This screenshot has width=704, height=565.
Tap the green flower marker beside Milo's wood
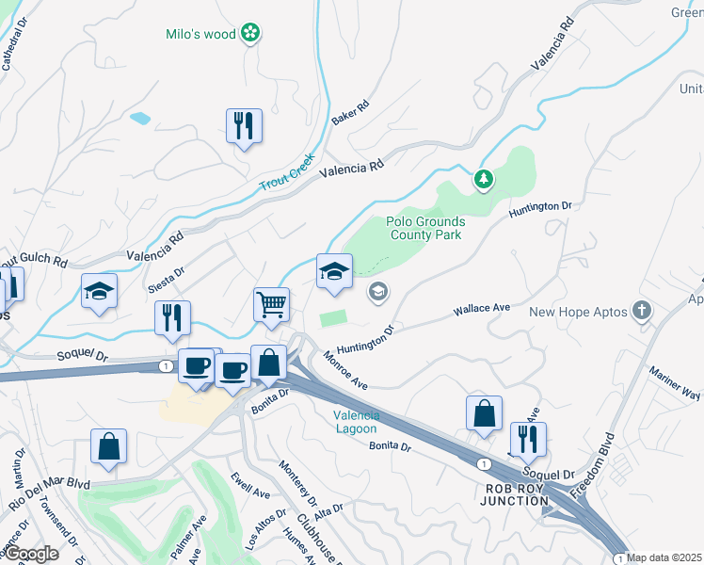tap(250, 35)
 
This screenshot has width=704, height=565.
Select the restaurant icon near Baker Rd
tap(244, 125)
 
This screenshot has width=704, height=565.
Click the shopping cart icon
tap(271, 304)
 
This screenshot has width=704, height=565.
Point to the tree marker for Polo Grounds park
tap(483, 178)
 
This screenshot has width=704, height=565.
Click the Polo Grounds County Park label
tap(425, 228)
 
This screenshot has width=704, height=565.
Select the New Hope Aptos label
tap(575, 312)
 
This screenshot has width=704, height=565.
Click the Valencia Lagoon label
tap(357, 422)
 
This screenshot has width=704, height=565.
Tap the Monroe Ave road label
tap(344, 369)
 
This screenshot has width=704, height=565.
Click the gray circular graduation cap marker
tap(377, 292)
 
